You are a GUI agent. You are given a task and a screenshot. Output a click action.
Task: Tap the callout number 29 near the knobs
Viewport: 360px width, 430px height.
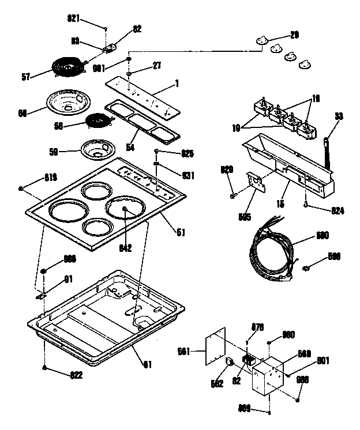point(294,36)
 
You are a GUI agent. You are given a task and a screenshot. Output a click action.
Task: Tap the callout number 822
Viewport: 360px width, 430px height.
point(76,375)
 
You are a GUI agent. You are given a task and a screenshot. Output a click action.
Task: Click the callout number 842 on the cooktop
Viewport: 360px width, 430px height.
point(125,248)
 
